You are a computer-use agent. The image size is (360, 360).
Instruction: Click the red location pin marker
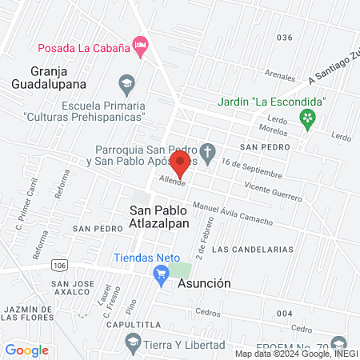click(180, 163)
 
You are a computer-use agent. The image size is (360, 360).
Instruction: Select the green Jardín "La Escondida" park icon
click(306, 118)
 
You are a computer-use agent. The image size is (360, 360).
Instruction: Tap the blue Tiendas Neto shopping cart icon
click(160, 274)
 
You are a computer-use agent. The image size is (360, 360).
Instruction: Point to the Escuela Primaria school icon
click(126, 82)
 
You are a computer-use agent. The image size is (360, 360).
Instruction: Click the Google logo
click(26, 350)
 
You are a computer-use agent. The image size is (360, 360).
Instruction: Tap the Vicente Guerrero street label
click(274, 190)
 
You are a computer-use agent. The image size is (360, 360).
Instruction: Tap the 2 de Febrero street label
click(211, 243)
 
